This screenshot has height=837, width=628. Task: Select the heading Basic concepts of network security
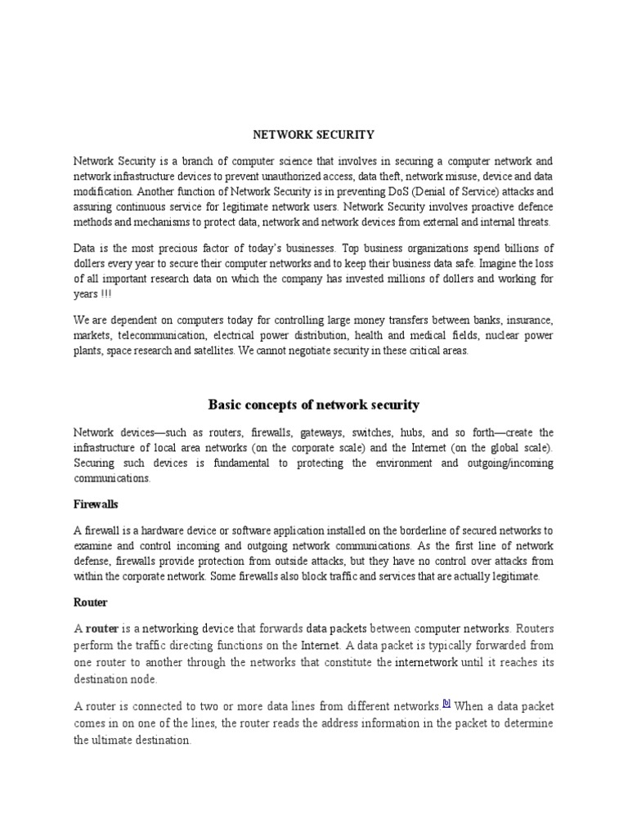coord(313,405)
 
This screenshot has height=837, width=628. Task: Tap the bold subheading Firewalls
coord(96,504)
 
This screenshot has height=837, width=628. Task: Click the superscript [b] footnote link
coord(446,703)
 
